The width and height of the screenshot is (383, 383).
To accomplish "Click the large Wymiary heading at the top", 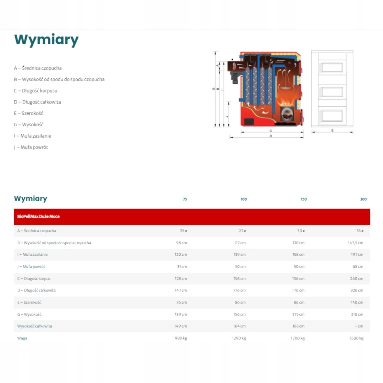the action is pos(46,40).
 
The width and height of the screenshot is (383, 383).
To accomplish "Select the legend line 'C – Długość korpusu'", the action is pos(36,91).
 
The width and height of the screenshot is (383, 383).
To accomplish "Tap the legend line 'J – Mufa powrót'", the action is pos(31,147).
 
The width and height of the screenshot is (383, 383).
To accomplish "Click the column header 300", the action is pos(363,199).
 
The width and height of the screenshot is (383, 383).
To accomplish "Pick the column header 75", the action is pos(185,199).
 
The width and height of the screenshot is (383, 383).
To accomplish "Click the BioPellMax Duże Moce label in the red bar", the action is pos(38,216).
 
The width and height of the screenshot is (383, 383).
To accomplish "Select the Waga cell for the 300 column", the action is pos(356,338).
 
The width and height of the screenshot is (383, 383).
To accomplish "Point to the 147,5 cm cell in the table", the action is pos(355,243).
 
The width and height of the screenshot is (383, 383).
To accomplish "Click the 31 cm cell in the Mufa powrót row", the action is pos(182,267).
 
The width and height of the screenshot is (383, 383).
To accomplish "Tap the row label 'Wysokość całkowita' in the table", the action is pos(34,326).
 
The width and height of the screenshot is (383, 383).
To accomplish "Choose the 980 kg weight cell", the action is pos(181,338).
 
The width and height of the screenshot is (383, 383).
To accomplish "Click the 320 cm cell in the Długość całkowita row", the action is pos(357,290).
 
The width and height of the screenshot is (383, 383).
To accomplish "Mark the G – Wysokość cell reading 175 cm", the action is pos(298,315).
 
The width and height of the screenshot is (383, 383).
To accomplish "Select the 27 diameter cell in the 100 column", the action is pos(242,231).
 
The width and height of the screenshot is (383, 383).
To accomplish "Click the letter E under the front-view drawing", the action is pos(332,131).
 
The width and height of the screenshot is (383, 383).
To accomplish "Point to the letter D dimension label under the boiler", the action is pos(271,136).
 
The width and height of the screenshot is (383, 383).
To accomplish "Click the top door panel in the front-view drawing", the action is pos(332,67).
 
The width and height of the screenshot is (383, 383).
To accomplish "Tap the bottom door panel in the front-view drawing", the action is pos(332,116).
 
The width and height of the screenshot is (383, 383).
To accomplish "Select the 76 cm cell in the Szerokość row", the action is pos(182,302).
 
